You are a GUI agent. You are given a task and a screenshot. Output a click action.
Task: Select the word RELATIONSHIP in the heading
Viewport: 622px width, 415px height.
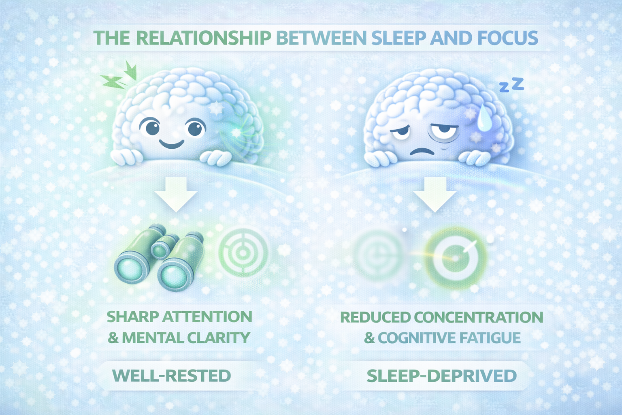[203, 38]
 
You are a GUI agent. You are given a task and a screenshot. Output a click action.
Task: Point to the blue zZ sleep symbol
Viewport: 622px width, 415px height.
[512, 85]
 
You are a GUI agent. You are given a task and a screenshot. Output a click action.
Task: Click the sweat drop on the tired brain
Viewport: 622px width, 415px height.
[484, 119]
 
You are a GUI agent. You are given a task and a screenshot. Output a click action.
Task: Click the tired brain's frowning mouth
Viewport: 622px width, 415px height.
[421, 152]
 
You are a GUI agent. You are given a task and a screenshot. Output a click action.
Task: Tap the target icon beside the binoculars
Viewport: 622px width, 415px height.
[243, 253]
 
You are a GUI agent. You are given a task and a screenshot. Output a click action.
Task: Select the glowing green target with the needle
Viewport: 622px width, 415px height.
[455, 257]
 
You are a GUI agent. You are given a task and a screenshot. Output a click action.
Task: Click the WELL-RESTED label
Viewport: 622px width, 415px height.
[171, 376]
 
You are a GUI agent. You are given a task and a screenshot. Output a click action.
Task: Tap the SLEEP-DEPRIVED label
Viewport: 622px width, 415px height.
[441, 376]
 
